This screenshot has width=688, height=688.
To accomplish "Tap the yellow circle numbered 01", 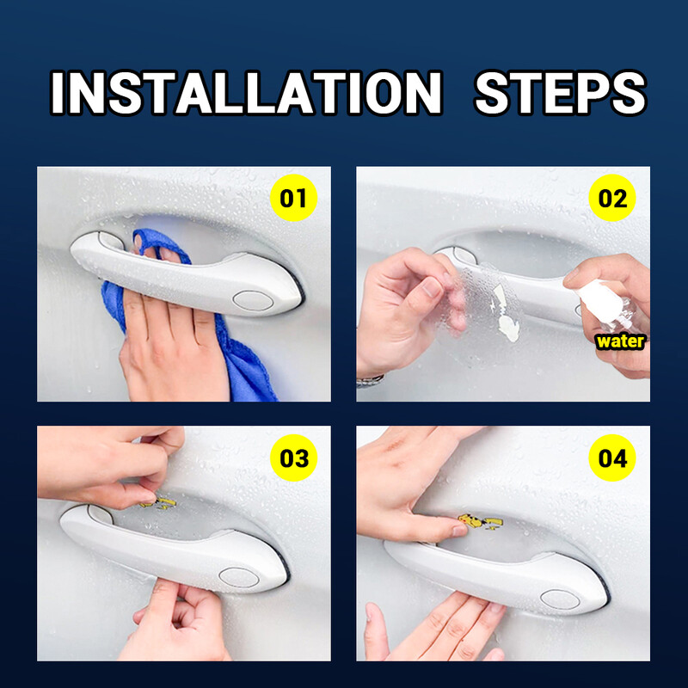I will pos(293,200).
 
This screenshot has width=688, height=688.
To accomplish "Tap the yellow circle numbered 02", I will pos(613,200).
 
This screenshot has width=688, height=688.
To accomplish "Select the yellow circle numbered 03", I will pos(293,458).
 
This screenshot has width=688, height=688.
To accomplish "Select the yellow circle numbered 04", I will pos(613,458).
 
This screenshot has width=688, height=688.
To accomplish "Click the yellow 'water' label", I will pos(620,341).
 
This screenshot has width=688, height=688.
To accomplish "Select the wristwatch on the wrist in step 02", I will pos(370,379).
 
